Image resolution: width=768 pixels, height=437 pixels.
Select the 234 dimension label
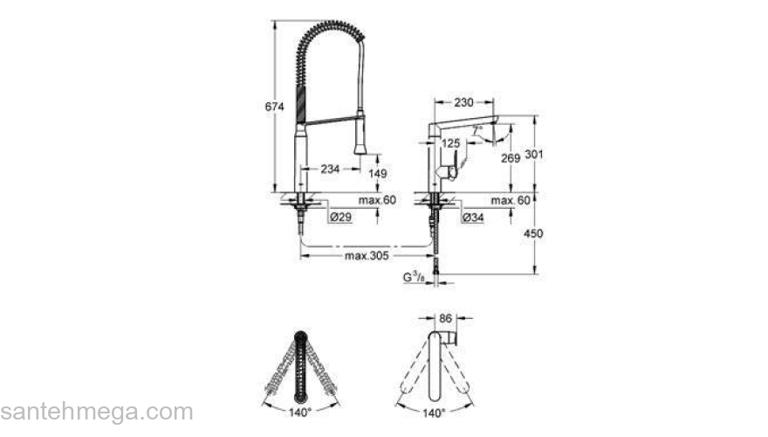pyautogui.click(x=330, y=170)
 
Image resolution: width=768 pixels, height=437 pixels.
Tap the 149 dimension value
pyautogui.click(x=376, y=174)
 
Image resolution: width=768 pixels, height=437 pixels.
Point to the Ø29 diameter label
pyautogui.click(x=340, y=216)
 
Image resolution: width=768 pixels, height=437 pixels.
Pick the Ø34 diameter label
pyautogui.click(x=473, y=216)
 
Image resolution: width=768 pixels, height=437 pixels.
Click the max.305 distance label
pyautogui.click(x=367, y=255)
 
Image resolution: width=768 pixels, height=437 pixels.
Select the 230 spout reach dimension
pyautogui.click(x=463, y=102)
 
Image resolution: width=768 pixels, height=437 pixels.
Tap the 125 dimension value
pyautogui.click(x=450, y=142)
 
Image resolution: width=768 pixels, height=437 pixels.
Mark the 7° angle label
pyautogui.click(x=477, y=129)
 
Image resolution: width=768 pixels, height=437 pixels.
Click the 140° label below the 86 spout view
pyautogui.click(x=434, y=411)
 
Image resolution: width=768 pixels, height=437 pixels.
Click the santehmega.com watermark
pyautogui.click(x=96, y=411)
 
